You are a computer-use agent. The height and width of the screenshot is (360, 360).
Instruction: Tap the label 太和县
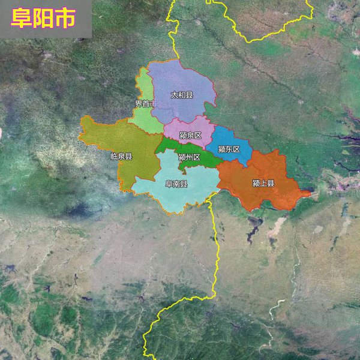coord(182,95)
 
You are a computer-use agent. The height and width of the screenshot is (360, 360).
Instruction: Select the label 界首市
coord(145,104)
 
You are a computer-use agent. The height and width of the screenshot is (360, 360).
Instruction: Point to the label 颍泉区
coord(190,135)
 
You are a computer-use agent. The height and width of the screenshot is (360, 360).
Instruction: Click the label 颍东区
coord(229,149)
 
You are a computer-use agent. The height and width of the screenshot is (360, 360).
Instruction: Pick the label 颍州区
coord(189,157)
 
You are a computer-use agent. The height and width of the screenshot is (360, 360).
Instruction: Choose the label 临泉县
coord(121,156)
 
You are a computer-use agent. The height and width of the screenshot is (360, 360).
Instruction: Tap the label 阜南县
coord(176,184)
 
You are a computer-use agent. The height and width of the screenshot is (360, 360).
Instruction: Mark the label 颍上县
coord(263,183)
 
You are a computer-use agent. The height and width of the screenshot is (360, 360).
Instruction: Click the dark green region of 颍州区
coord(207,159)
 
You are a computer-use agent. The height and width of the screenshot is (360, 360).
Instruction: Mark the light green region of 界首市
coord(144,120)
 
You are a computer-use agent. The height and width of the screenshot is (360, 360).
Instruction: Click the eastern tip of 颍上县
coord(310,193)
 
